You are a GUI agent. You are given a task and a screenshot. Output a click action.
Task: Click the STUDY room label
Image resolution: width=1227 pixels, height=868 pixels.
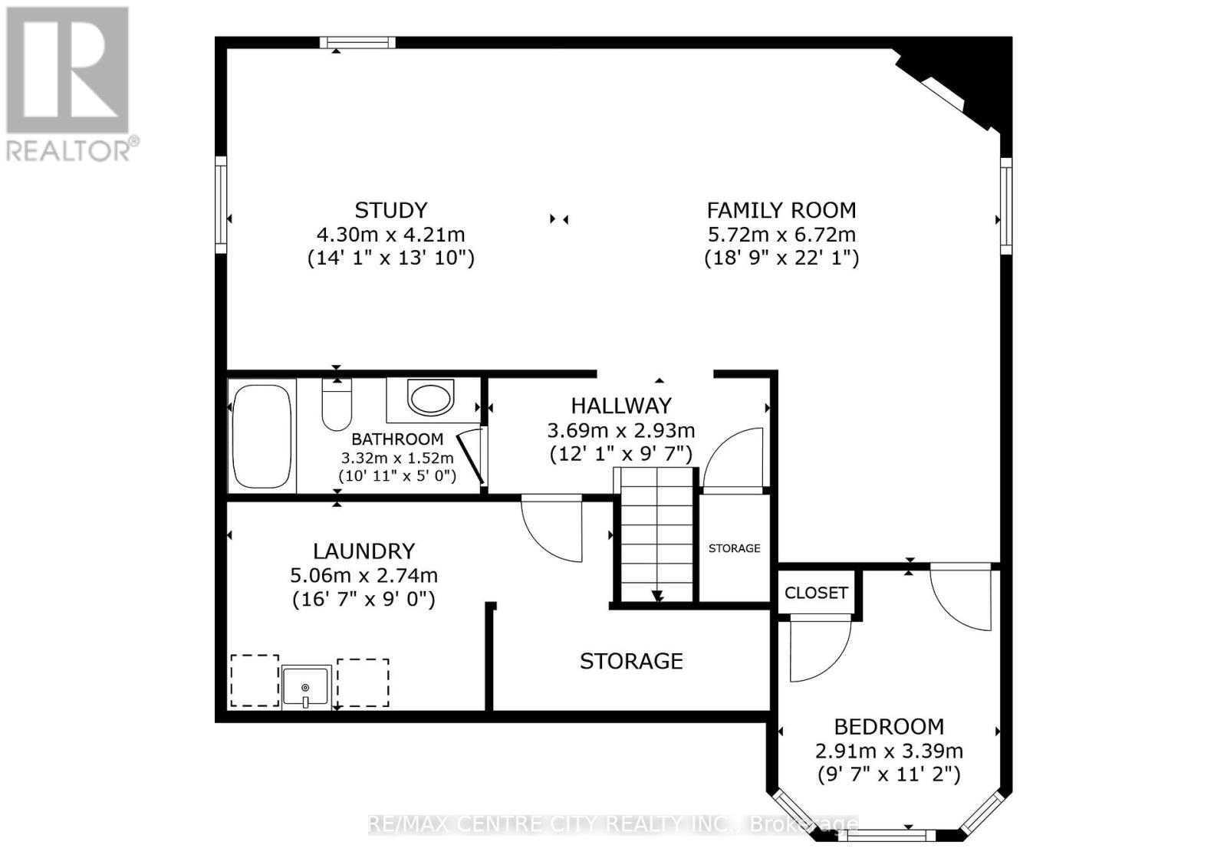[x=390, y=210]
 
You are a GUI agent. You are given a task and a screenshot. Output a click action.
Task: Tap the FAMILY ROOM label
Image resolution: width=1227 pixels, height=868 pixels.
[x=781, y=210]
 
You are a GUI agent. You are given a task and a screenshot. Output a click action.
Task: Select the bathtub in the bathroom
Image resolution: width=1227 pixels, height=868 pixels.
[x=261, y=436]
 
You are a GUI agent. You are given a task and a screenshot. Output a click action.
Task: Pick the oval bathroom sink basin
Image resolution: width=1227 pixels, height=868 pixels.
[x=430, y=399]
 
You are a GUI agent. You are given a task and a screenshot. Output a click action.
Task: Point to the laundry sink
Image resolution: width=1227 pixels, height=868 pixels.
[x=306, y=686]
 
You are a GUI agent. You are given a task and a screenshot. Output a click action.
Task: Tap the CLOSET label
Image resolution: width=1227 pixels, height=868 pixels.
[x=816, y=593]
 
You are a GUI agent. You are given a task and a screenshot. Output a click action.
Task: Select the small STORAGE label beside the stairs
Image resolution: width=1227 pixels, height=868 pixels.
[x=734, y=548]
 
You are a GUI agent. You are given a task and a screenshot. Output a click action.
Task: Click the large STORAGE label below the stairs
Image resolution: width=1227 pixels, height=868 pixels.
[x=631, y=661]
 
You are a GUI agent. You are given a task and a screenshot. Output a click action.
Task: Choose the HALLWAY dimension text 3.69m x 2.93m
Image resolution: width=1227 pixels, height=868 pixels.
[x=620, y=430]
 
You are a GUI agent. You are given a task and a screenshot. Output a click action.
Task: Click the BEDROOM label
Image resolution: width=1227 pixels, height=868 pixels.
[x=889, y=726]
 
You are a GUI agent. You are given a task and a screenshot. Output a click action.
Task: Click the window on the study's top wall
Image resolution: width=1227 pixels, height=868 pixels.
[x=357, y=43]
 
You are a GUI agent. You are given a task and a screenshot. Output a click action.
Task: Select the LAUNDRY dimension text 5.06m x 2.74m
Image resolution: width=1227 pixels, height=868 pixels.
[x=363, y=575]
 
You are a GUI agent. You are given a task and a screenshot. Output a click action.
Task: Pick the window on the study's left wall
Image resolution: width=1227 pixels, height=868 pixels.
[x=221, y=204]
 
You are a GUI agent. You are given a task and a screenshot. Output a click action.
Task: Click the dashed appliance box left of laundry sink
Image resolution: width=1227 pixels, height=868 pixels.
[x=255, y=680]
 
